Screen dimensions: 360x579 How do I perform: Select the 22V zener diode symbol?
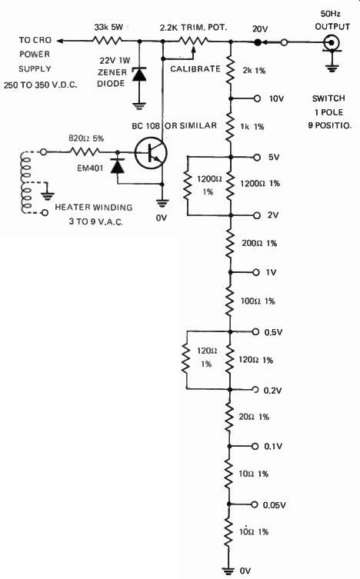[x=139, y=75]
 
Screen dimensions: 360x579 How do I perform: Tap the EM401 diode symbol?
[x=118, y=166]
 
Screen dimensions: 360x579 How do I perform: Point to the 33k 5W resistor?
[x=107, y=41]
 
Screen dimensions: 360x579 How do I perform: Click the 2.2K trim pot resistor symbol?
[x=193, y=41]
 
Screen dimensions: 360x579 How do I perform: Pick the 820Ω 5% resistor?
[x=85, y=151]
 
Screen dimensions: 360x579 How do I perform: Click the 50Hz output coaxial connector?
[x=332, y=43]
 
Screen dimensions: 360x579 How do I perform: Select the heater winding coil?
[x=27, y=182]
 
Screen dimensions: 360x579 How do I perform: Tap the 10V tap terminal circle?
[x=257, y=98]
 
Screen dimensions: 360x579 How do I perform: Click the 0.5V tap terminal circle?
[x=255, y=331]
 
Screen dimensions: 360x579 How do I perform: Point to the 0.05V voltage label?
[x=274, y=505]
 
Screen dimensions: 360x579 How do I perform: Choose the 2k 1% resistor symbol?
[x=230, y=70]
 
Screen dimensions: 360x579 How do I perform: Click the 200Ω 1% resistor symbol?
[x=230, y=243]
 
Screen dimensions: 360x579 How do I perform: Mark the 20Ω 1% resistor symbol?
[x=229, y=418]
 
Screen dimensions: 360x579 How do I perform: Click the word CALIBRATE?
[x=195, y=68]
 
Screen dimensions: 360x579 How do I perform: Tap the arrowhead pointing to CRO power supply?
[x=61, y=41]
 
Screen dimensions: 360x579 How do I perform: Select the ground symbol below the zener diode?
[x=139, y=106]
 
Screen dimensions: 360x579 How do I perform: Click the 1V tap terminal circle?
[x=256, y=272]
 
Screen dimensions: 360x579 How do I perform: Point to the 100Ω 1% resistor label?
[x=258, y=301]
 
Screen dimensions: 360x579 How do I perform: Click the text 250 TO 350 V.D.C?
[x=41, y=85]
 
